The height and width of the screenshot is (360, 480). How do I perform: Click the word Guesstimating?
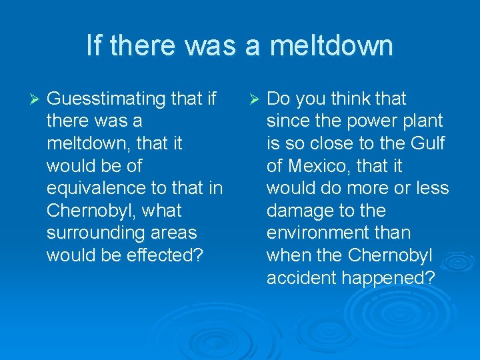[106, 99]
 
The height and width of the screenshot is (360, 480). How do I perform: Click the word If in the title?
[94, 46]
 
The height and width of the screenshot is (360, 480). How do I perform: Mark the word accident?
[301, 278]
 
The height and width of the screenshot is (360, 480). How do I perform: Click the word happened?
[387, 278]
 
